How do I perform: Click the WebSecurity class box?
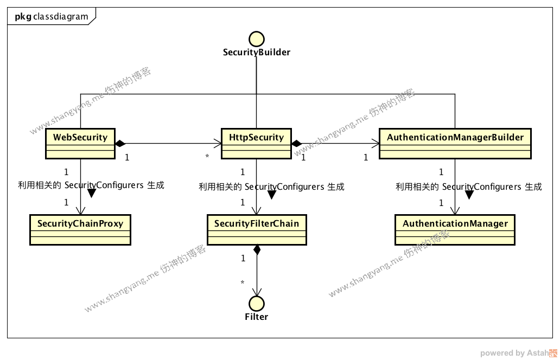[80, 143]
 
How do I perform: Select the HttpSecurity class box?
[256, 143]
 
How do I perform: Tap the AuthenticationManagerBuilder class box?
[455, 143]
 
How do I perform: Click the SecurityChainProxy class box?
[80, 229]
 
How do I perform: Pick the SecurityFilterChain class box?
[256, 229]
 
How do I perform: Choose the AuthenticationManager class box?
[455, 229]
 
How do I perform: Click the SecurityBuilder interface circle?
[256, 38]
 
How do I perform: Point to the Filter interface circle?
[256, 303]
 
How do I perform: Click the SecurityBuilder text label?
[256, 53]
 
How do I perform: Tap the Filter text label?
[256, 317]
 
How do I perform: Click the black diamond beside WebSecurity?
[120, 144]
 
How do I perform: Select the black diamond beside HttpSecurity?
[297, 144]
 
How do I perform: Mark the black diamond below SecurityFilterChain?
[256, 250]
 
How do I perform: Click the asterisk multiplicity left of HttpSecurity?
[207, 157]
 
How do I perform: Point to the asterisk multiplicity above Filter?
[242, 282]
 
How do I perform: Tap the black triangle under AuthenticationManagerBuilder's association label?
[469, 195]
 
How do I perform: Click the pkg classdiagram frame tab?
[52, 16]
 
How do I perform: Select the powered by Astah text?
[513, 353]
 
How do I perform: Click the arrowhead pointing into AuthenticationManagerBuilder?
[376, 144]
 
